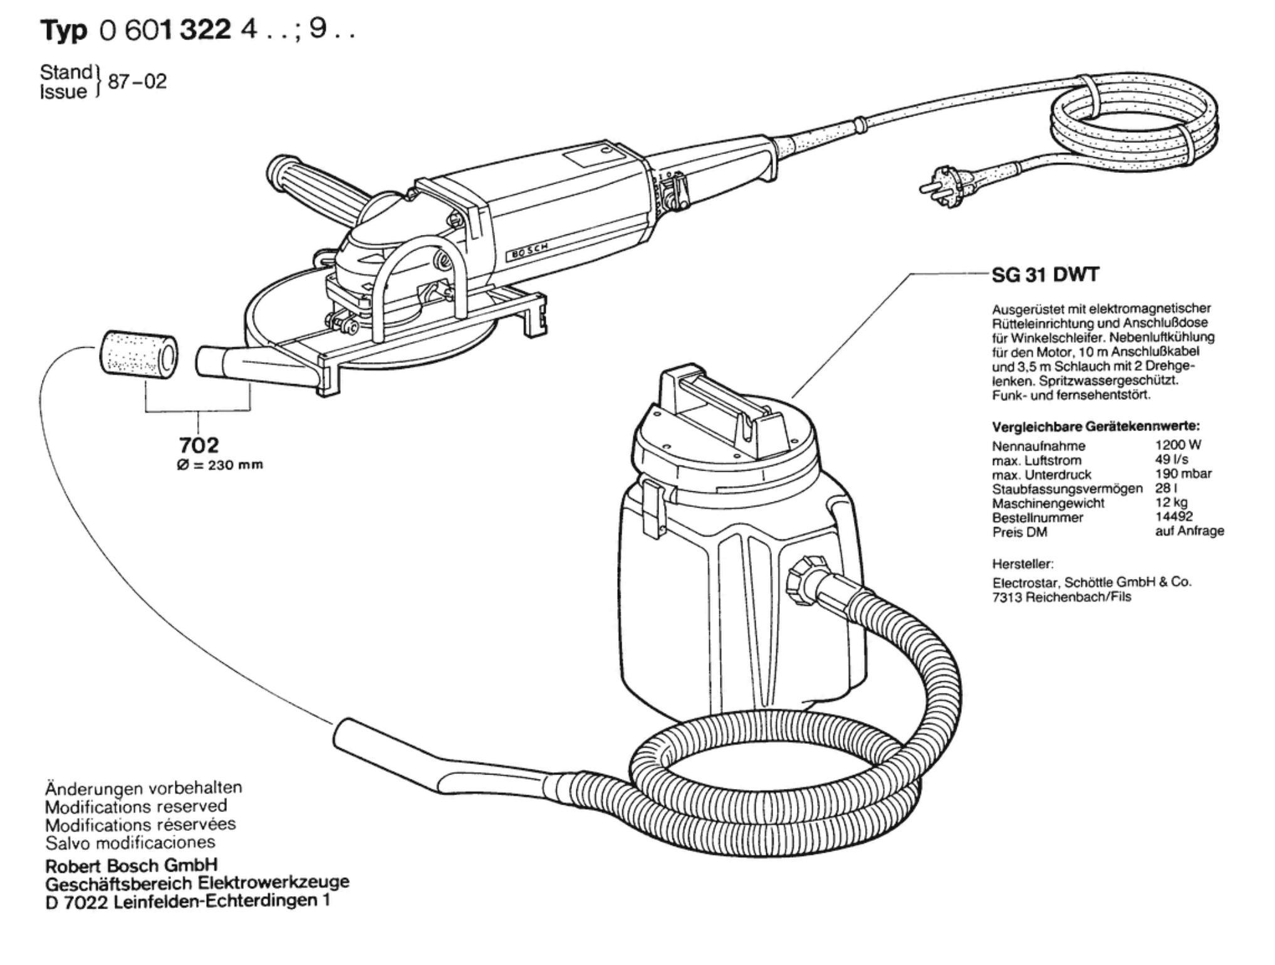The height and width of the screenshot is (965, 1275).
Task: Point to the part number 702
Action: [199, 445]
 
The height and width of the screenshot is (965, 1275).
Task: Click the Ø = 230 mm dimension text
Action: [220, 465]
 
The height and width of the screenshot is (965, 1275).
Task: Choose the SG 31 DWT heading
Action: [1045, 274]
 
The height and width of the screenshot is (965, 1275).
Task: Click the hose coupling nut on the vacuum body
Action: [804, 580]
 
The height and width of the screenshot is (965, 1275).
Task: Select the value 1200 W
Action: [1178, 445]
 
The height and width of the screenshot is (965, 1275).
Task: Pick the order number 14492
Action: [1174, 517]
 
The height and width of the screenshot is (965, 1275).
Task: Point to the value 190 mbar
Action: [1184, 474]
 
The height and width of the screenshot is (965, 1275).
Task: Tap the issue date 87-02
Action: [138, 82]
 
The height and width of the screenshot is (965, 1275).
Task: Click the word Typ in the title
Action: [64, 31]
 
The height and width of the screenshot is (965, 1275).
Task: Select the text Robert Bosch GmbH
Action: [132, 866]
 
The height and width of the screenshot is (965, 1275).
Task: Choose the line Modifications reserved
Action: [136, 806]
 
